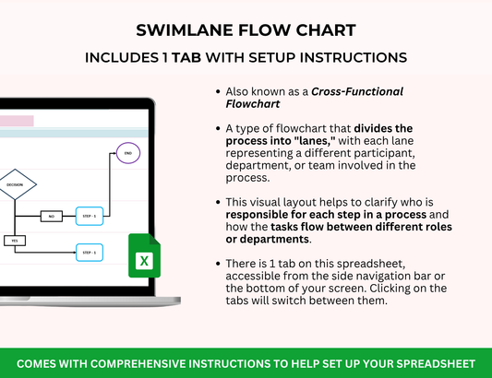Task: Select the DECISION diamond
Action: click(15, 184)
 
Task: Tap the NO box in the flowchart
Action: click(52, 216)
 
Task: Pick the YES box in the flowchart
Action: click(15, 241)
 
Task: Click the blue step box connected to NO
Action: click(90, 216)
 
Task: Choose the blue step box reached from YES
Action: click(90, 253)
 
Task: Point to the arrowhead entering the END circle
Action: click(114, 153)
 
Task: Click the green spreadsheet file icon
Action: click(144, 255)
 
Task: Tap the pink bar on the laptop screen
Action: click(17, 121)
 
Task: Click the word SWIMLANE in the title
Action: click(185, 30)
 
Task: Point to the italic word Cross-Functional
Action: click(357, 91)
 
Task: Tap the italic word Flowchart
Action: click(253, 104)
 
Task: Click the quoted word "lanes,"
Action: click(315, 141)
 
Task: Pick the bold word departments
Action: click(274, 239)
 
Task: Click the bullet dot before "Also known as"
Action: click(218, 91)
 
